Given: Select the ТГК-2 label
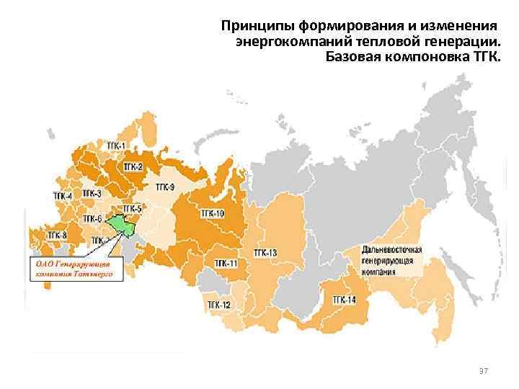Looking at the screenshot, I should (133, 166).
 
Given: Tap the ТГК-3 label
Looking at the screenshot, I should (92, 193).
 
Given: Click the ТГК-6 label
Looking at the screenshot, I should (92, 218).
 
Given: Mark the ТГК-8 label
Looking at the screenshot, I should (57, 236).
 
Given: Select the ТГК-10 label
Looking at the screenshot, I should (213, 213).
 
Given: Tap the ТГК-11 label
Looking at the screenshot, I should (226, 264).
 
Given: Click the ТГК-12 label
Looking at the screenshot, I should (219, 305).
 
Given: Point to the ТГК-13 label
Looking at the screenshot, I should (265, 253).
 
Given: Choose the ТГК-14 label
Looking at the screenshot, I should (344, 299).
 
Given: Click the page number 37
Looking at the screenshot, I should (484, 370).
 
